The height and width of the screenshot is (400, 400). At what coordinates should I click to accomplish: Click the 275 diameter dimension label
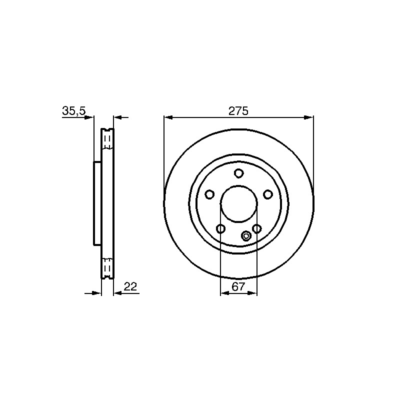[x=238, y=111]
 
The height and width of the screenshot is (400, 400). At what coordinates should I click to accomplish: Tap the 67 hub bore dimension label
[x=238, y=287]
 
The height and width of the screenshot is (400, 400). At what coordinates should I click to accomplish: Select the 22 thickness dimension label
[x=130, y=286]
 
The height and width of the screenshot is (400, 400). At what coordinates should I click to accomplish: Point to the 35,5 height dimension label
[x=74, y=111]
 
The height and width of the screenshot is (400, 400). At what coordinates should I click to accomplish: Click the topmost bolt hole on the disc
[x=238, y=173]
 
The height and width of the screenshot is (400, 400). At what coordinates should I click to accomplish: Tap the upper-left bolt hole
[x=209, y=194]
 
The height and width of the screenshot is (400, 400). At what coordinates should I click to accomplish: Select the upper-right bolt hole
[x=267, y=194]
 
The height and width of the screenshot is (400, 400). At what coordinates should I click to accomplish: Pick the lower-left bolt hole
[x=220, y=228]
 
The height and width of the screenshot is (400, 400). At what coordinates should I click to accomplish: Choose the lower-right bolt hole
[x=256, y=228]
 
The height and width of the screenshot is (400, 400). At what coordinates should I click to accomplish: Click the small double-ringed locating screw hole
[x=246, y=236]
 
